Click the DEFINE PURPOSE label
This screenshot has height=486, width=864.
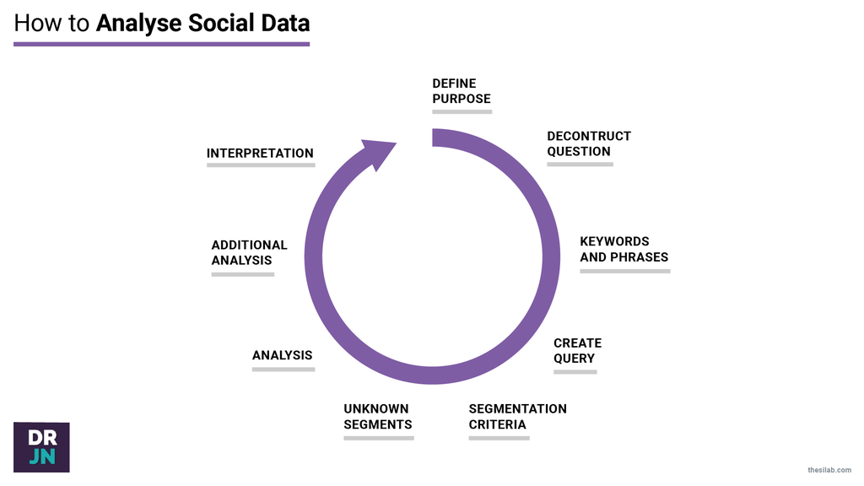[461, 91]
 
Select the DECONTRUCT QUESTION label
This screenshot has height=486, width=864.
[588, 143]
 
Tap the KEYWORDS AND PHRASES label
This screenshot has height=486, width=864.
[624, 249]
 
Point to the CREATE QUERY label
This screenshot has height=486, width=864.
[577, 350]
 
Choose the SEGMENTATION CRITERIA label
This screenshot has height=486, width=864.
[517, 416]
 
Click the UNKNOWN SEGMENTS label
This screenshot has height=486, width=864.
[377, 416]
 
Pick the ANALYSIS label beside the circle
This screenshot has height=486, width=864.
[282, 355]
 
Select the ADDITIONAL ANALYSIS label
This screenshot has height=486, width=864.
[249, 252]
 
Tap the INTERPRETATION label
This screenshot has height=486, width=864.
[260, 154]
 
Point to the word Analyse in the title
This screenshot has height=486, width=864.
[136, 23]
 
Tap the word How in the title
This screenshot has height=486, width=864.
[38, 23]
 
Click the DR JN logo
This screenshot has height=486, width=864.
[41, 447]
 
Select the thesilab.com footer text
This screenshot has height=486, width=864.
[829, 469]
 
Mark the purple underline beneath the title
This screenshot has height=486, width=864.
[161, 43]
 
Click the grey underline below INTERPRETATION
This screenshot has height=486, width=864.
[260, 165]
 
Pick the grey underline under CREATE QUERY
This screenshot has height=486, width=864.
[575, 371]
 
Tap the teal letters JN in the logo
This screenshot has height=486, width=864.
[41, 456]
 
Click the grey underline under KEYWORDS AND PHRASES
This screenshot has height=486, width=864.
[624, 271]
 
